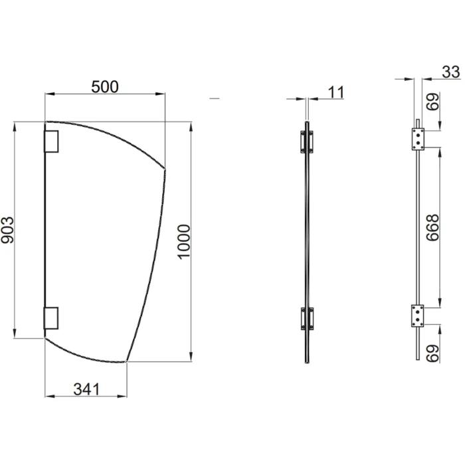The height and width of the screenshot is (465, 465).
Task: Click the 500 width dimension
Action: [104, 87]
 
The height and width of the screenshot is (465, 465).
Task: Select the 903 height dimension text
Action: [9, 230]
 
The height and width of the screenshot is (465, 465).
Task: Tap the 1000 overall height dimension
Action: [184, 242]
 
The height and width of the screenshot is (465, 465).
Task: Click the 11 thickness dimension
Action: [337, 92]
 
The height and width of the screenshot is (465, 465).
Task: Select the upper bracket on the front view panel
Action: [51, 140]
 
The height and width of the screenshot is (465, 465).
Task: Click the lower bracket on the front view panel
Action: [51, 318]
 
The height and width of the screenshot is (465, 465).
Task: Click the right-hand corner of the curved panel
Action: [165, 168]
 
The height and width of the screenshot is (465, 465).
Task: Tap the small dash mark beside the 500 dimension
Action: [213, 98]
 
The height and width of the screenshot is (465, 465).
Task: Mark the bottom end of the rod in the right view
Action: [417, 359]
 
